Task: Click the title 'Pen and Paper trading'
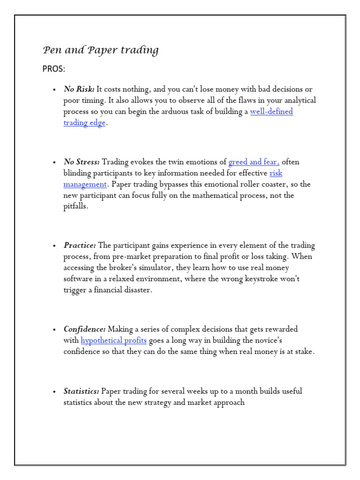pos(100,50)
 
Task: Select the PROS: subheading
pos(54,69)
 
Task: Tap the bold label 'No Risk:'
pos(79,89)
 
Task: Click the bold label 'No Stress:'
pos(82,162)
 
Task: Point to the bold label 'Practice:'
pos(80,245)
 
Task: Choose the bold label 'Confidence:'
pos(84,329)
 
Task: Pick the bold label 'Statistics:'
pos(82,391)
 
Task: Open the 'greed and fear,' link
pos(254,162)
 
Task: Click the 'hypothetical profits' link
pos(113,340)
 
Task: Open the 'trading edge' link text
pos(84,123)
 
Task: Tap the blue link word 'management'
pos(85,184)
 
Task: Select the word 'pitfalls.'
pos(75,207)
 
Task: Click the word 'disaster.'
pos(136,290)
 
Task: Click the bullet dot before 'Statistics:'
pos(54,391)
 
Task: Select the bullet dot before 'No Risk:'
pos(54,90)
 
